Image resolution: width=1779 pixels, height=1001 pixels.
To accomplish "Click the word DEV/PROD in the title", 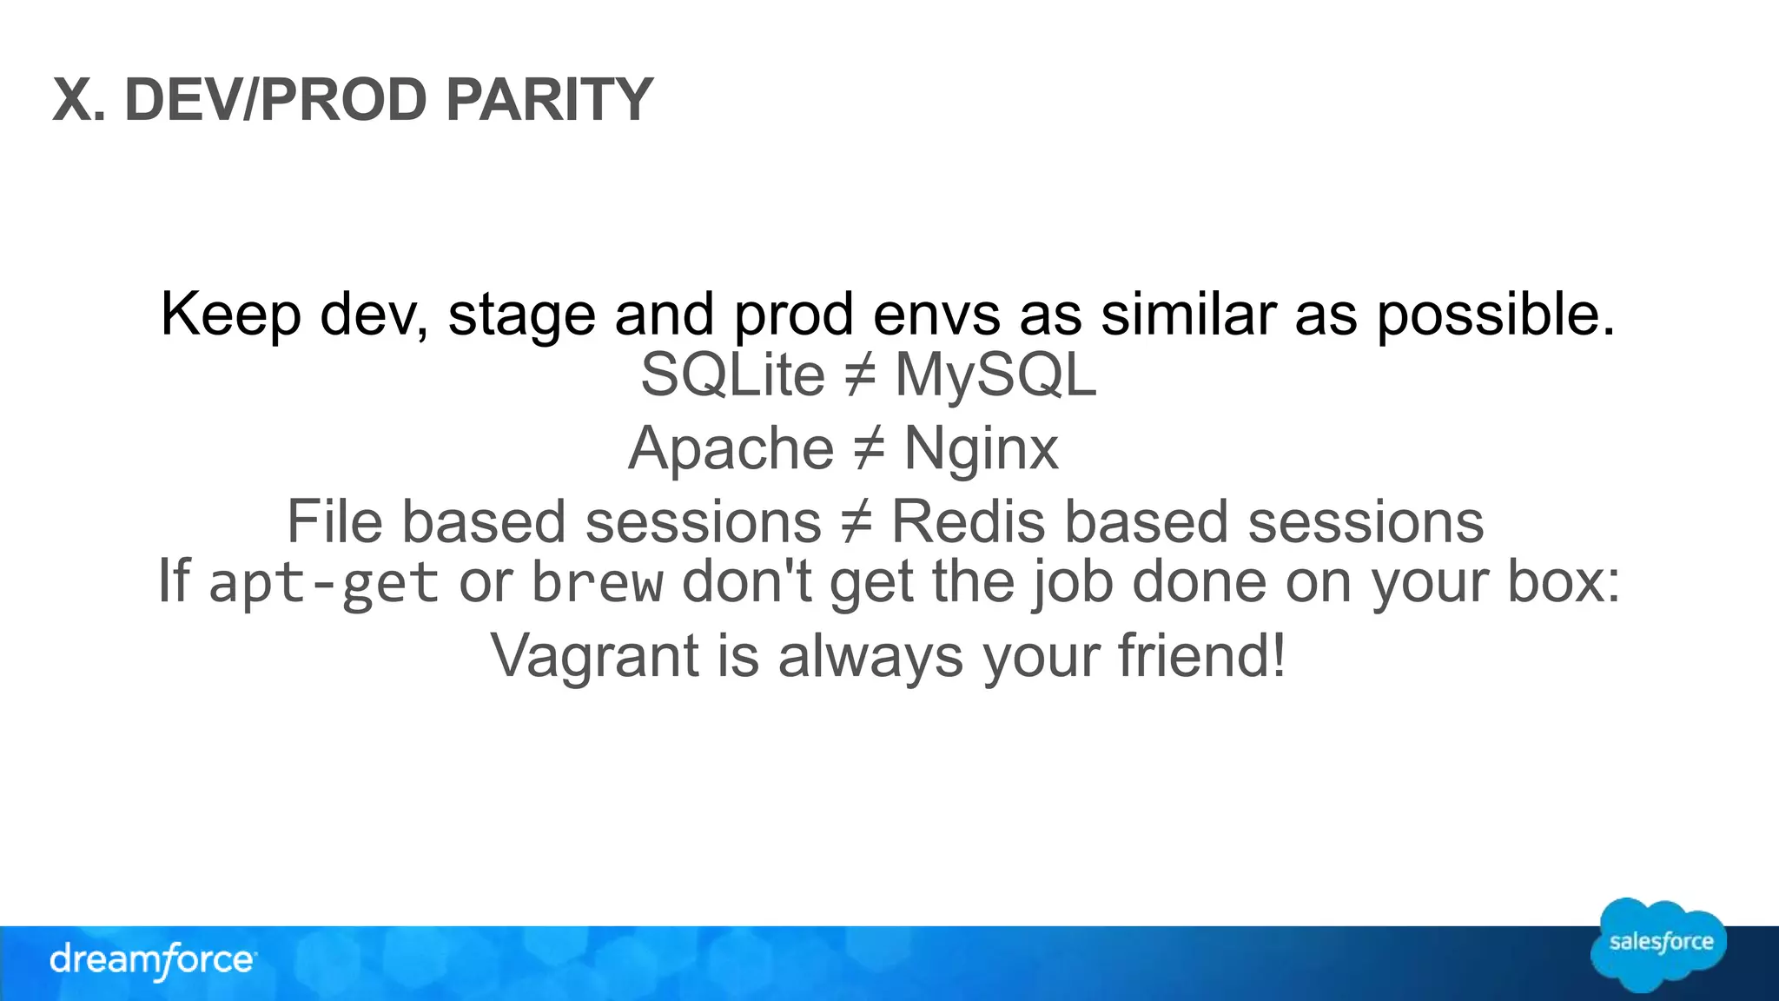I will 276,100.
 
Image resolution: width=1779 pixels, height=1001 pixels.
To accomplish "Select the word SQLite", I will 732,375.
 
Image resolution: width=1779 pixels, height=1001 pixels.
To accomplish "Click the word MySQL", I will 995,375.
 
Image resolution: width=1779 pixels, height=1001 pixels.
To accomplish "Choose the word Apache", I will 731,449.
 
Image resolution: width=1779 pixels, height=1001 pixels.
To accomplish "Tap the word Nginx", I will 981,449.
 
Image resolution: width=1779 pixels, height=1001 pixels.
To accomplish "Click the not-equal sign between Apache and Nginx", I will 868,450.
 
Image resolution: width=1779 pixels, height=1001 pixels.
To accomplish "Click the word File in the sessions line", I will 334,522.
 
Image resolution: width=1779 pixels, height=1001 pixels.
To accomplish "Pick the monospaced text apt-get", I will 323,582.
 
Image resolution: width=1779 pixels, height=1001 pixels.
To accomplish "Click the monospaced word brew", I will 598,582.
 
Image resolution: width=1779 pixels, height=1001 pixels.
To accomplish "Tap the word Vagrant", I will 594,655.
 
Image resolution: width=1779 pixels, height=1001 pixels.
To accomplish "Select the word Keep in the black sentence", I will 230,314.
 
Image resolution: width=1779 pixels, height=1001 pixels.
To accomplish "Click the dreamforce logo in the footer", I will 153,960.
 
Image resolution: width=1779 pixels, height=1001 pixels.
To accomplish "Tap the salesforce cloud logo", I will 1659,945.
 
